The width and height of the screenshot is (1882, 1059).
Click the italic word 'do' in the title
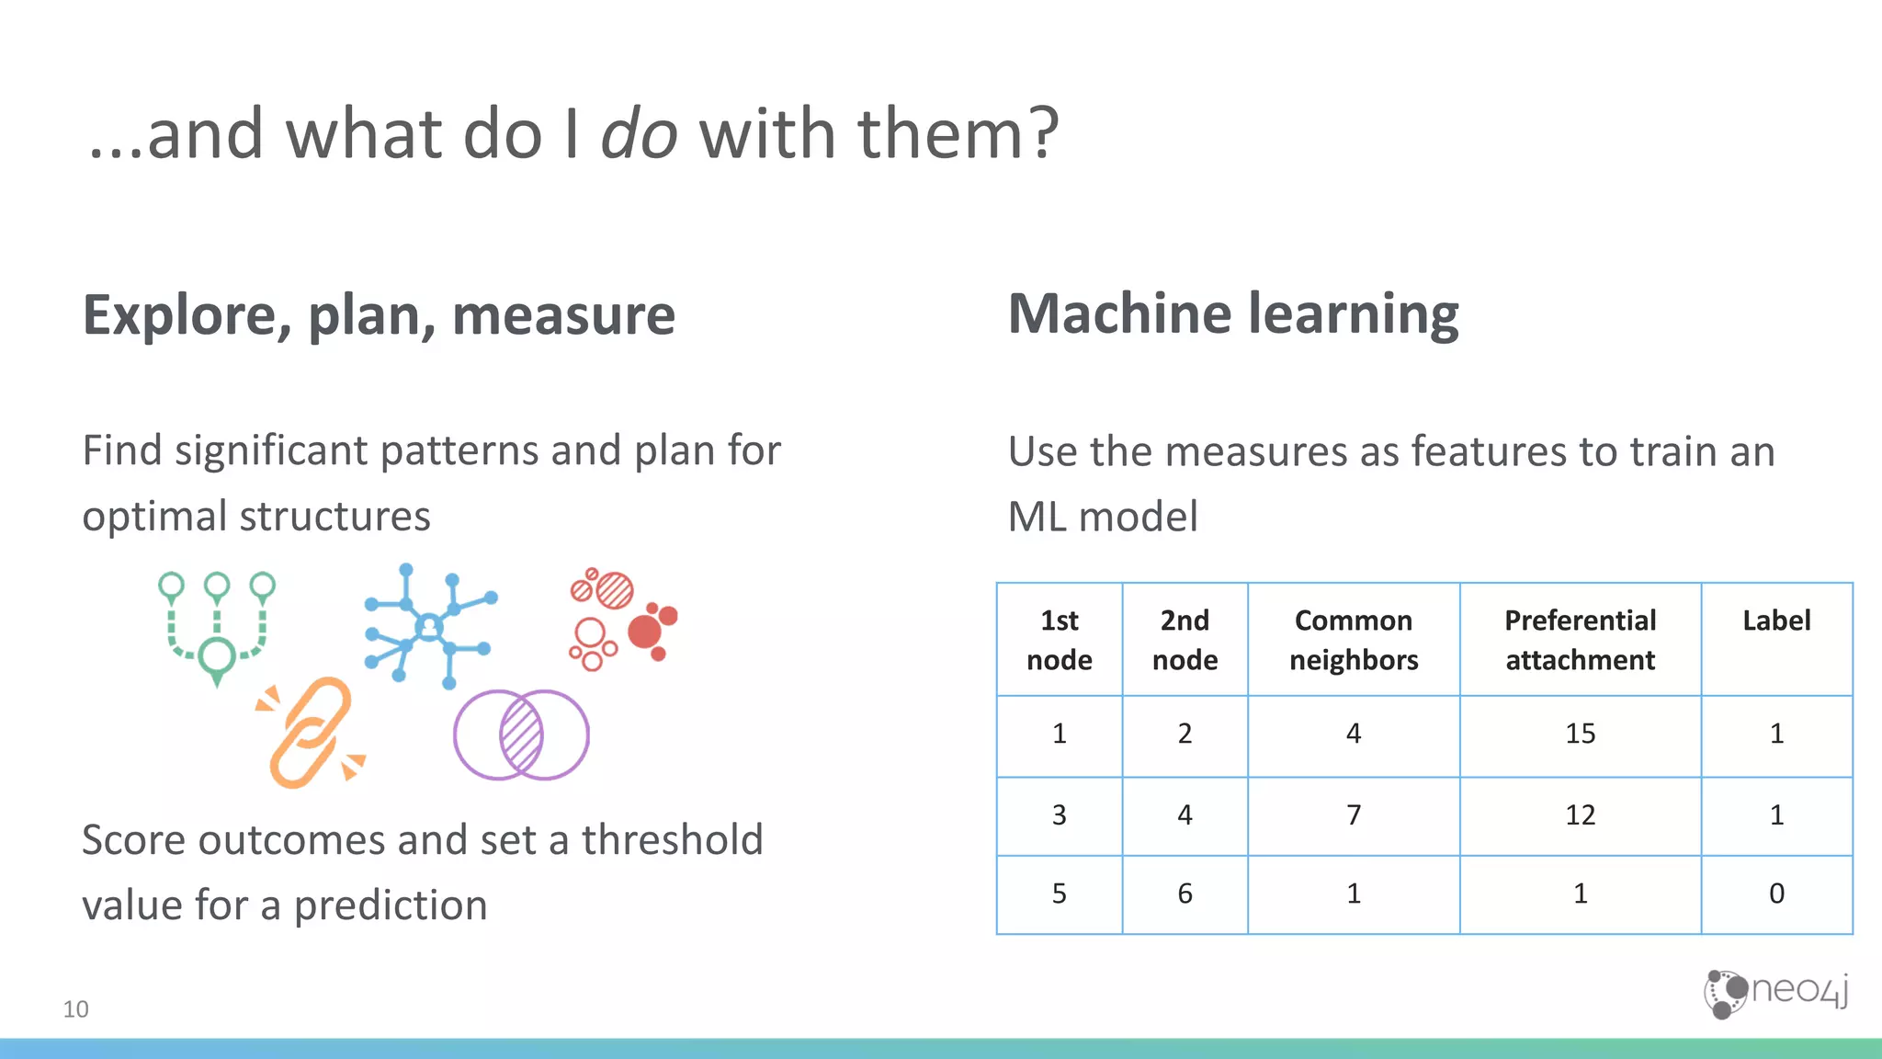pos(640,134)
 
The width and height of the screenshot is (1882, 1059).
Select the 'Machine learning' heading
pos(1232,314)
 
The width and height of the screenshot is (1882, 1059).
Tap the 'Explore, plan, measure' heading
pos(379,315)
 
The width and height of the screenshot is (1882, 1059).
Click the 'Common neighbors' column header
pos(1353,640)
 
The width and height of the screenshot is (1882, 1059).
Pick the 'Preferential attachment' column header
pos(1580,640)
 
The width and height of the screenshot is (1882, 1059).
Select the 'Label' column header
pos(1775,621)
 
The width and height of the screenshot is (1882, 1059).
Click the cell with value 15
pos(1580,734)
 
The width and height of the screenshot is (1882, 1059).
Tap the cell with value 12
pos(1580,815)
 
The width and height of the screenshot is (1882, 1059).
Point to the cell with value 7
pos(1353,815)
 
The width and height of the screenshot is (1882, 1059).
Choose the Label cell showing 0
pos(1775,894)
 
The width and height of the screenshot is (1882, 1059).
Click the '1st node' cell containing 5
pos(1059,894)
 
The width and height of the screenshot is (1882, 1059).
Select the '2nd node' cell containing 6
pos(1185,894)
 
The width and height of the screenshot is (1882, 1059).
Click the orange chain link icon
pos(311,733)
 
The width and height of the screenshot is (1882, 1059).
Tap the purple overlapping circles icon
pos(521,735)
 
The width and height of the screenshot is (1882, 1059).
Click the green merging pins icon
pos(217,627)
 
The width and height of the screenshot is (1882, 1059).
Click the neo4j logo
pos(1775,994)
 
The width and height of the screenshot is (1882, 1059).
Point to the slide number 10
pos(75,1009)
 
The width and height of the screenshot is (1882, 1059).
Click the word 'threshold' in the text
pos(672,840)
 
